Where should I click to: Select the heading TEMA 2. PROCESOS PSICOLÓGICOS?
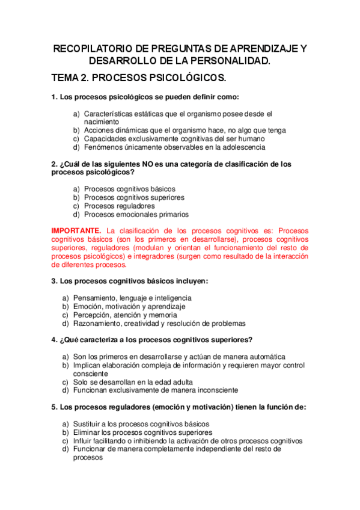[x=139, y=78]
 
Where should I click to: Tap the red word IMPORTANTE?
[x=76, y=230]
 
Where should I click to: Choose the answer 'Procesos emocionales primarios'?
[x=136, y=214]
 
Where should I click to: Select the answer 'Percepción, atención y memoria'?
[x=125, y=315]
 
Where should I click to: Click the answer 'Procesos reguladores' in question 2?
[x=119, y=206]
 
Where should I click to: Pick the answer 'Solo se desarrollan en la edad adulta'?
[x=133, y=381]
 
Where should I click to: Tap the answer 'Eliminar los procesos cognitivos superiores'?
[x=142, y=432]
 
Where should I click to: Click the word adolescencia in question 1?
[x=243, y=147]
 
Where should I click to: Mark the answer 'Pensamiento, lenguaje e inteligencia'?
[x=132, y=298]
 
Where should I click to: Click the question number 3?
[x=54, y=281]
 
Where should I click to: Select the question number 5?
[x=54, y=407]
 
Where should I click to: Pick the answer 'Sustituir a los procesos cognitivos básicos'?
[x=141, y=423]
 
